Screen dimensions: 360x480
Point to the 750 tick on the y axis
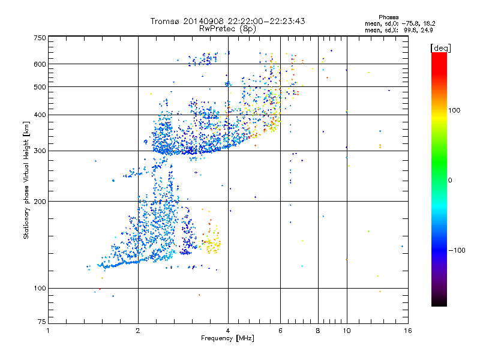coord(40,37)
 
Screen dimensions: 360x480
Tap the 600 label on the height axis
coord(40,64)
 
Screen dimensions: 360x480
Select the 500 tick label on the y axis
coord(40,86)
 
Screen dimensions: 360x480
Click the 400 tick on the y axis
coord(40,115)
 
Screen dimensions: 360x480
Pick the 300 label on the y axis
coord(40,151)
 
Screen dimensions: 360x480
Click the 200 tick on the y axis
coord(40,201)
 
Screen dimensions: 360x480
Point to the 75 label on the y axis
coord(41,324)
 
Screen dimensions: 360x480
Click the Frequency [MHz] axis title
coord(227,338)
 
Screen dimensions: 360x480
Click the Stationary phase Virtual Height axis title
coord(26,180)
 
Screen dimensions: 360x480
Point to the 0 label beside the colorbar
coord(451,180)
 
